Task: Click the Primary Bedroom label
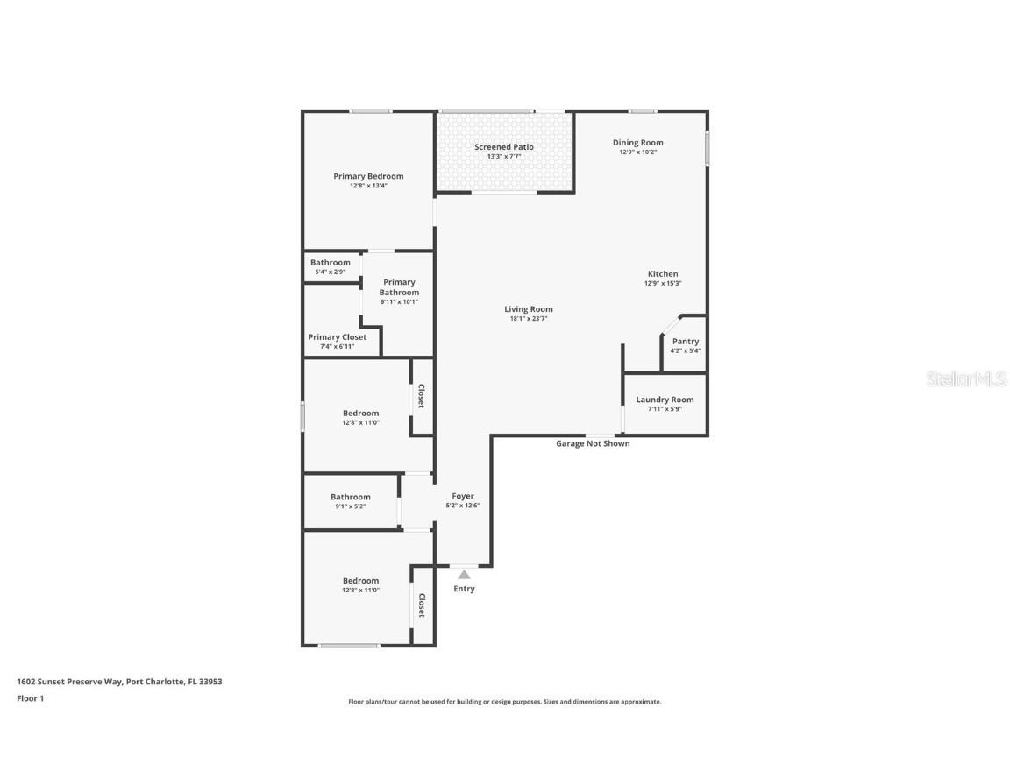tap(368, 176)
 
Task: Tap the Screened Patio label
tap(504, 147)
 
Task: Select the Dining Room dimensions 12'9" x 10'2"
tap(637, 152)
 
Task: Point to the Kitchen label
tap(662, 274)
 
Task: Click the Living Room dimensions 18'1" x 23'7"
tap(529, 319)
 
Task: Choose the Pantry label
tap(686, 342)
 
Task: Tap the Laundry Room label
tap(665, 400)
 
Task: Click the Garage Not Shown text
tap(593, 443)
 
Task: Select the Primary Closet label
tap(337, 337)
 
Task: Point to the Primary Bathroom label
tap(399, 287)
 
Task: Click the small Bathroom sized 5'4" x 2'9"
tap(331, 263)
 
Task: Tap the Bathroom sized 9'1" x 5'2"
tap(350, 497)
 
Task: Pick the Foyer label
tap(463, 496)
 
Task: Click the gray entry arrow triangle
tap(464, 575)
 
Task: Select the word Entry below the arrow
tap(464, 589)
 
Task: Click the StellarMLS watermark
tap(967, 378)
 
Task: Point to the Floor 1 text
tap(30, 698)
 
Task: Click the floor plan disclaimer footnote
tap(504, 702)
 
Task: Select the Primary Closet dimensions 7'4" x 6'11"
tap(337, 347)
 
